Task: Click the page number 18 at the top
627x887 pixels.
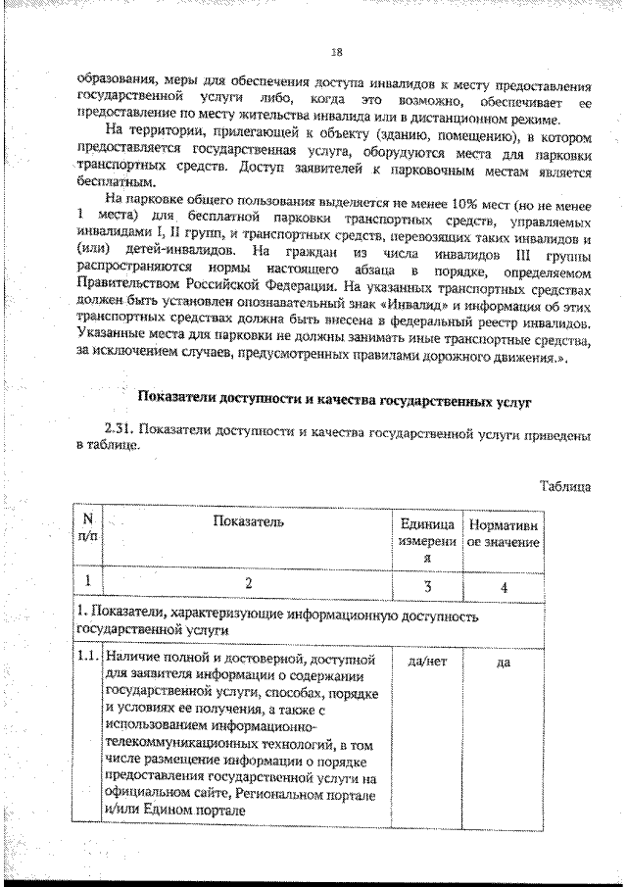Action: (336, 52)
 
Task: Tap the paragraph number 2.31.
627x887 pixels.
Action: (121, 431)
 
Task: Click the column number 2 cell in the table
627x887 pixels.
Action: (248, 584)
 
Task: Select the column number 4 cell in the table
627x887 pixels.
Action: (504, 585)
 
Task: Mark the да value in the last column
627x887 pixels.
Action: (504, 663)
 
